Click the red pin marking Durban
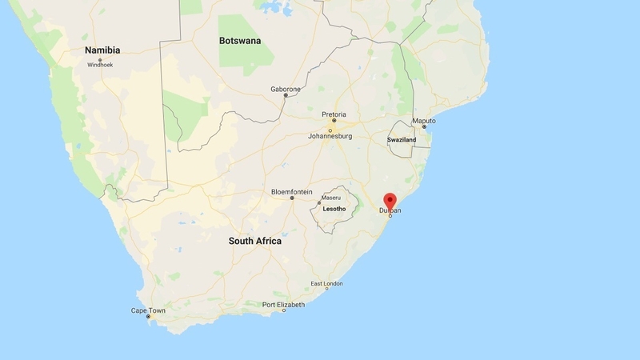point(390,200)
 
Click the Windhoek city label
point(102,64)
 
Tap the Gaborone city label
point(286,88)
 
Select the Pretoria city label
point(334,114)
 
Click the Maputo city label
point(423,120)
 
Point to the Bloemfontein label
point(292,192)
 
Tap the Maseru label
point(330,197)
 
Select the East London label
point(327,284)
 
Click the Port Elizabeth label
point(284,304)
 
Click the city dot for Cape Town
point(148,318)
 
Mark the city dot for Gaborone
point(286,95)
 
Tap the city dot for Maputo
point(425,127)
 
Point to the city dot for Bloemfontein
point(292,198)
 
